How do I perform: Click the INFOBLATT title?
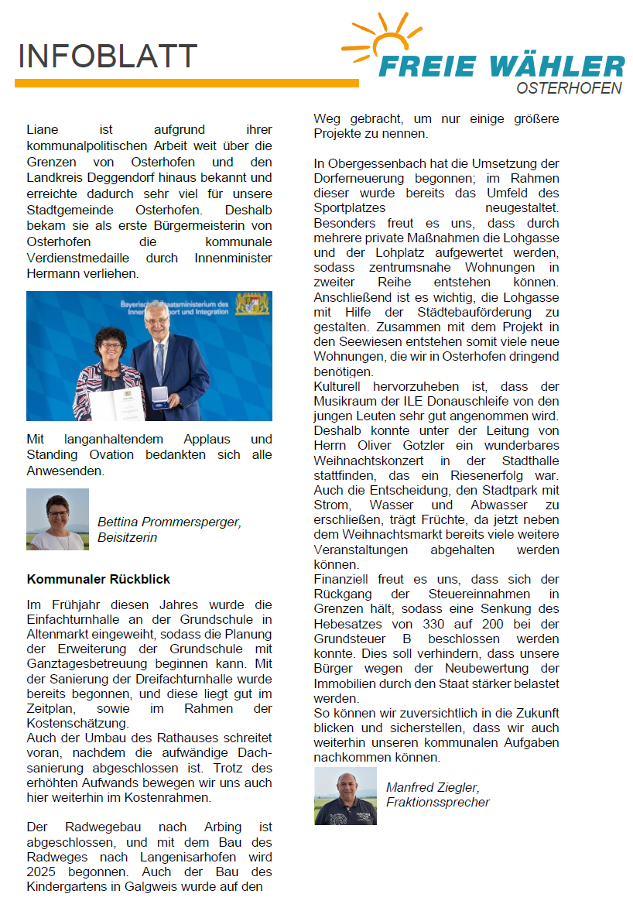(x=108, y=57)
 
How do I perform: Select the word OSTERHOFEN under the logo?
(x=569, y=88)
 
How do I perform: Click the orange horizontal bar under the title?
(x=186, y=83)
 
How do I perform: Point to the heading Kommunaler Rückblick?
(x=98, y=579)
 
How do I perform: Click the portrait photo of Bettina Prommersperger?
(x=57, y=519)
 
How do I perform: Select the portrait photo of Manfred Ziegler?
(x=345, y=796)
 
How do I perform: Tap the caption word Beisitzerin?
(x=127, y=537)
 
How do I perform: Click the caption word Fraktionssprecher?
(x=437, y=802)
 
